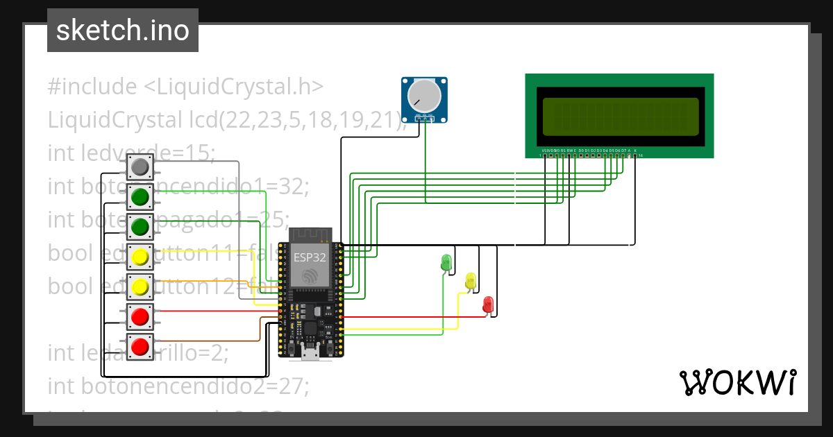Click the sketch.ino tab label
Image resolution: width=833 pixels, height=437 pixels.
tap(123, 31)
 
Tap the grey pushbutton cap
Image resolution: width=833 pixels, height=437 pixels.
tap(140, 166)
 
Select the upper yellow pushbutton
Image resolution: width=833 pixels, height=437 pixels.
tap(140, 257)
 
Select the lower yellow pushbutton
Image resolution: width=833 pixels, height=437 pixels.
tap(140, 286)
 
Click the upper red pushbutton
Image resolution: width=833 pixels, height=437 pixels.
tap(140, 317)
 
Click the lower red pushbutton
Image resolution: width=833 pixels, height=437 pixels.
tap(140, 345)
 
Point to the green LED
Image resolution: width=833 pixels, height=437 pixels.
tap(446, 263)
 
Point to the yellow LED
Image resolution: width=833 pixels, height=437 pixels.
tap(471, 281)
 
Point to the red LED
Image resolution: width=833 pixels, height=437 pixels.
tap(488, 304)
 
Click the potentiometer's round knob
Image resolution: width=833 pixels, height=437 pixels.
tap(424, 96)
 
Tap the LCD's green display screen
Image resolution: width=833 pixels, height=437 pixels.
tap(620, 117)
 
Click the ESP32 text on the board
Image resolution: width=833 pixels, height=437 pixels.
tap(306, 256)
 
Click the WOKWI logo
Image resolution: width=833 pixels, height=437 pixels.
tap(737, 382)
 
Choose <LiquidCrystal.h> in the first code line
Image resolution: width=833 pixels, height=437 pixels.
tap(233, 87)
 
